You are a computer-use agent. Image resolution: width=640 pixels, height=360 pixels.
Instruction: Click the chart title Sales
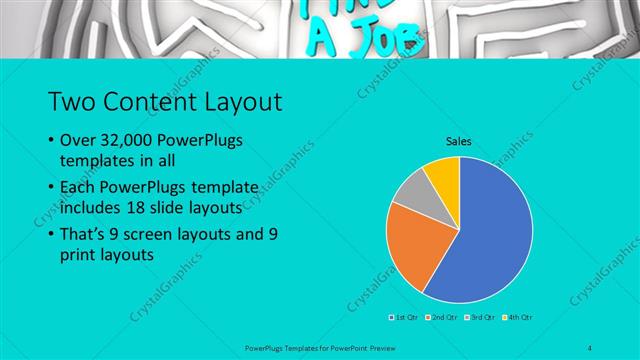(x=459, y=142)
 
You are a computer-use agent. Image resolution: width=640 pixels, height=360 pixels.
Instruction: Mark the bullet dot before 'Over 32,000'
(x=51, y=141)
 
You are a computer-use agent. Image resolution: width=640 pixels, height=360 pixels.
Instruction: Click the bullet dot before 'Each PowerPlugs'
(x=51, y=188)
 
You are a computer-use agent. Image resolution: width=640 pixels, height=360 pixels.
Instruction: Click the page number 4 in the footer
(x=591, y=347)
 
